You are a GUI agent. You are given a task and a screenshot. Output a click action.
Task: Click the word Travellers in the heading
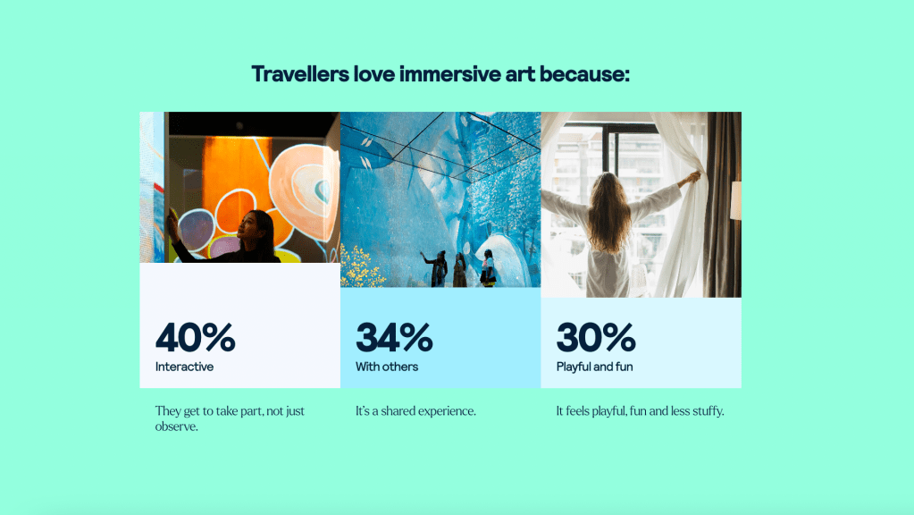300,74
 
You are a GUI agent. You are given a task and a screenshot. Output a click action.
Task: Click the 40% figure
196,337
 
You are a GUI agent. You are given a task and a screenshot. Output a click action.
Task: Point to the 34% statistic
394,337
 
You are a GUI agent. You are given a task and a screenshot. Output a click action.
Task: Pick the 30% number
596,337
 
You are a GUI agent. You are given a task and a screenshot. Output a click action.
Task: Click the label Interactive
184,367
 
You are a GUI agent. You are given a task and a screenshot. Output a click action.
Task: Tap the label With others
387,367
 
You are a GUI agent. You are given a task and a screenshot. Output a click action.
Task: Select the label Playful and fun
594,367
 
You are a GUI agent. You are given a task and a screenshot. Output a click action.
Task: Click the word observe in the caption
175,426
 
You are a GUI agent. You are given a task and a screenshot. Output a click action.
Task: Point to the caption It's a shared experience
415,411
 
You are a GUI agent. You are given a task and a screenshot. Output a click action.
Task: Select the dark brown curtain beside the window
722,204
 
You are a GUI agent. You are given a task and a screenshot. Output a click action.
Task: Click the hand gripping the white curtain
692,177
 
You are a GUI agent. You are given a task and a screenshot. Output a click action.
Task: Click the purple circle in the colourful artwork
197,231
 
